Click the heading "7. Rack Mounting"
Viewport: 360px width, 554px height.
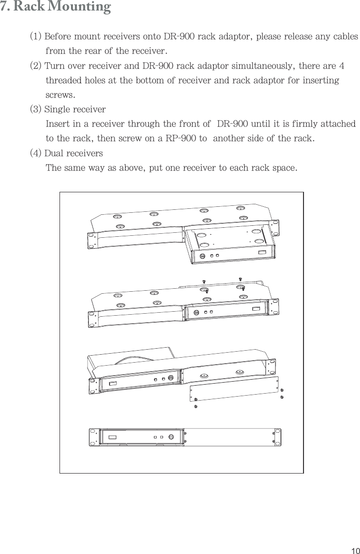click(55, 7)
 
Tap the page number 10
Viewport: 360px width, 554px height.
click(354, 550)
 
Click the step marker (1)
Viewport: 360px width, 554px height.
click(35, 37)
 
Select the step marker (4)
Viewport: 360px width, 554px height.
click(35, 152)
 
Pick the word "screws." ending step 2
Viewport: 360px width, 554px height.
click(61, 94)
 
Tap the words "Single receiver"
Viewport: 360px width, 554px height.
click(75, 109)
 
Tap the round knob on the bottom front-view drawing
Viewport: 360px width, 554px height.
click(171, 437)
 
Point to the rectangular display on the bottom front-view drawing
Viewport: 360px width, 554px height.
click(114, 437)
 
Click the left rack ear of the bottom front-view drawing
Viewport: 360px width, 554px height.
click(93, 437)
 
